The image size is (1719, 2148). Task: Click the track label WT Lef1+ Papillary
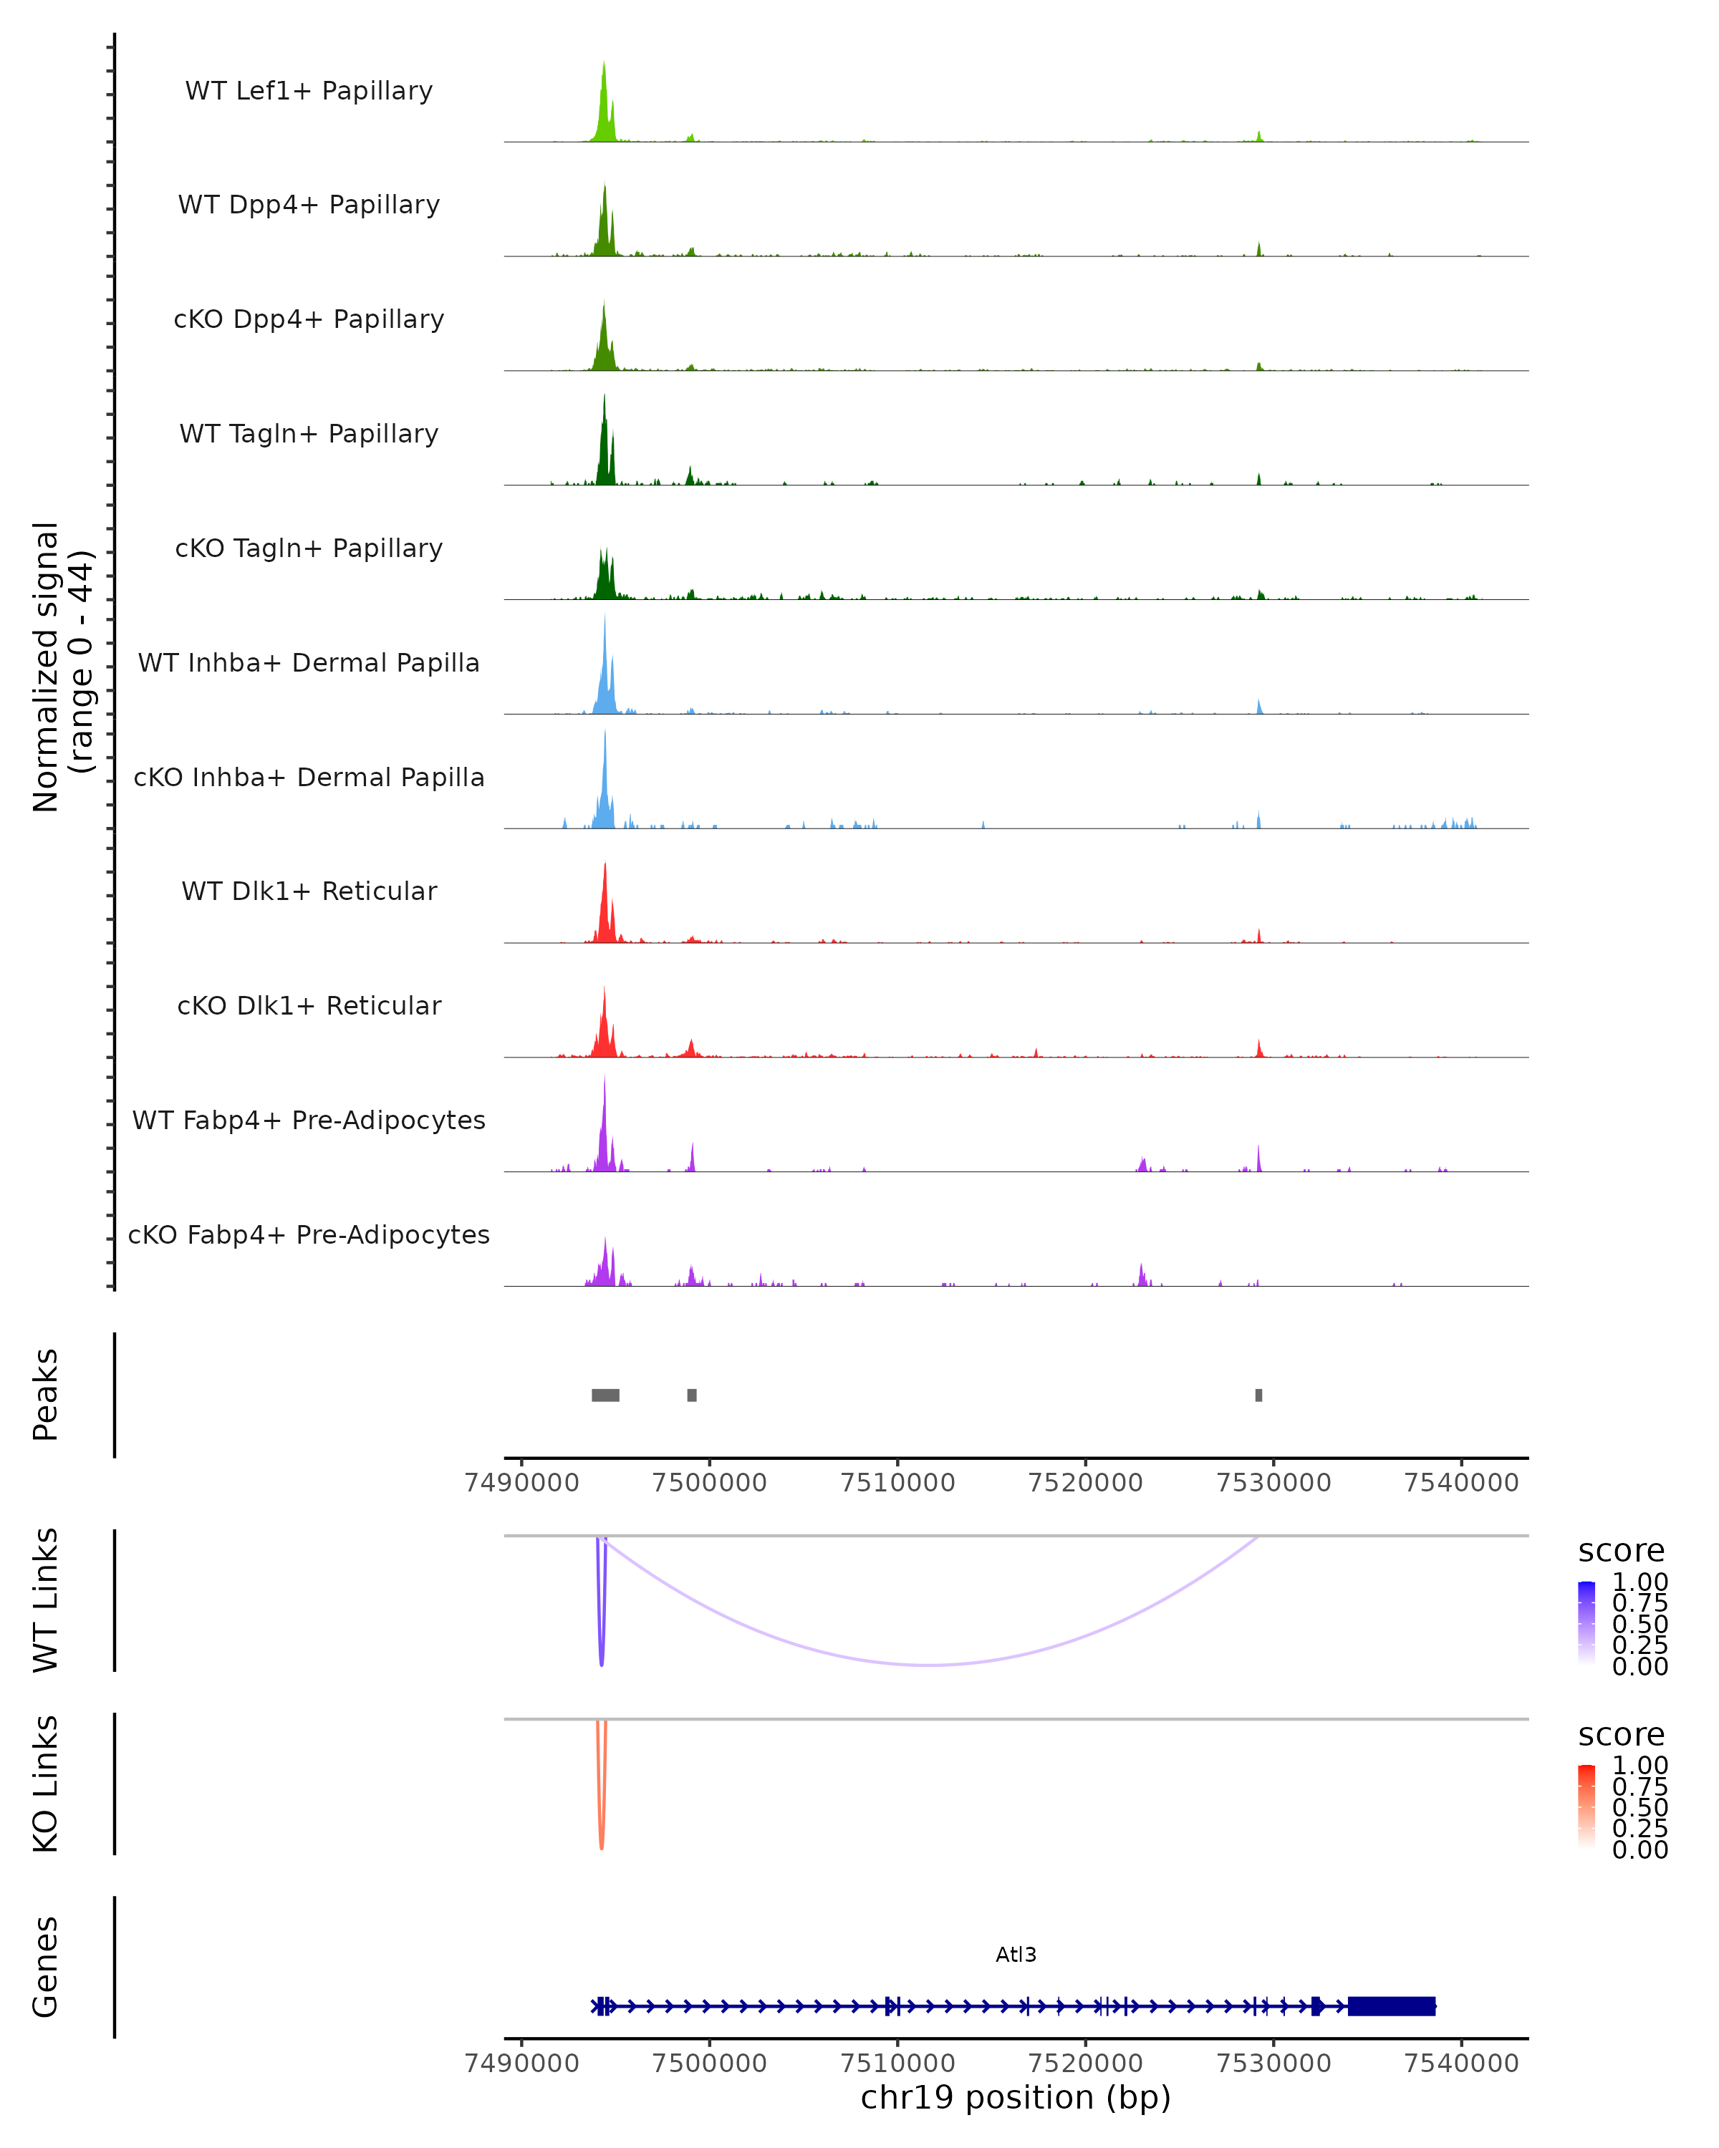pyautogui.click(x=309, y=91)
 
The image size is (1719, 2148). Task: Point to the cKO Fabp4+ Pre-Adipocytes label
pyautogui.click(x=309, y=1234)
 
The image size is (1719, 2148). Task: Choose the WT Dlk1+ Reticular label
pyautogui.click(x=309, y=891)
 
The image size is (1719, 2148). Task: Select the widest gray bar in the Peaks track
pyautogui.click(x=605, y=1395)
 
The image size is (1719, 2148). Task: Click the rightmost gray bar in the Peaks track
pyautogui.click(x=1258, y=1395)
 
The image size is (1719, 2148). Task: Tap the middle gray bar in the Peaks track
pyautogui.click(x=692, y=1395)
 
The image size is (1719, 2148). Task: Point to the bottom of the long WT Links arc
pyautogui.click(x=930, y=1665)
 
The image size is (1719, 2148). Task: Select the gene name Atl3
pyautogui.click(x=1016, y=1955)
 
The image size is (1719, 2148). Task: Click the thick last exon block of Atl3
pyautogui.click(x=1391, y=2006)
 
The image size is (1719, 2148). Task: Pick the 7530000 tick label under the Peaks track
pyautogui.click(x=1273, y=1483)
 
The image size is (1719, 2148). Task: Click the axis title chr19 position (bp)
pyautogui.click(x=1016, y=2097)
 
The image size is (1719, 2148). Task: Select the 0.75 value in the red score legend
pyautogui.click(x=1639, y=1786)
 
